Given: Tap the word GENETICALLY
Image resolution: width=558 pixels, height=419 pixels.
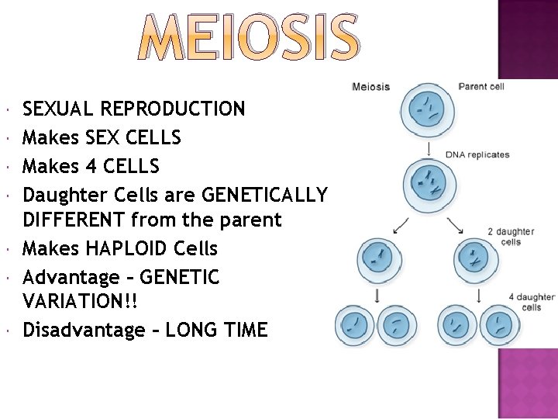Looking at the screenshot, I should click(x=263, y=193).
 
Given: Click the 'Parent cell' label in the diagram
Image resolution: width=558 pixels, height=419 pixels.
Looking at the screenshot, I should click(x=481, y=86).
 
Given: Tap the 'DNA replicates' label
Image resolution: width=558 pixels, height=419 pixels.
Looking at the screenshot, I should click(x=477, y=154).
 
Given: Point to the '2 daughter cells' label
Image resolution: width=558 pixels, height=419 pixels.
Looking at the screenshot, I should click(x=511, y=237).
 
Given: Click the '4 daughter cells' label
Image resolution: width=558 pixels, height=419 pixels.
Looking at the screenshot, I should click(x=532, y=302).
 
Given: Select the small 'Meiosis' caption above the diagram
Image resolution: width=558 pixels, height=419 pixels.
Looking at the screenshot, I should click(x=370, y=86).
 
